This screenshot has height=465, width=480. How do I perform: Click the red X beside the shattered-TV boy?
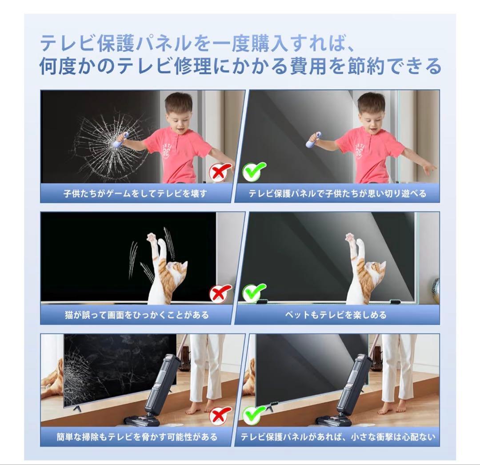tap(221, 172)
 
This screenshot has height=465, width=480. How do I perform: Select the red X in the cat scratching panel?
tap(221, 294)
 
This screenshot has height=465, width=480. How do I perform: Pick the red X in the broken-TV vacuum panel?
tap(221, 416)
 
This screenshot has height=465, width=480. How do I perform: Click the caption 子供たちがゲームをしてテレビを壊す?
tap(136, 194)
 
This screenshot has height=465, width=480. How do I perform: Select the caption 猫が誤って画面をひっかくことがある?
tap(136, 315)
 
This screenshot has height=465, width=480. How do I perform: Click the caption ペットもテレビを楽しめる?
tap(336, 315)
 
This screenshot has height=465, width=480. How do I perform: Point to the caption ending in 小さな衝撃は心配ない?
tap(338, 437)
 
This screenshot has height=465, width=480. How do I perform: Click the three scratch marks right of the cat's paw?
tap(168, 242)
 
